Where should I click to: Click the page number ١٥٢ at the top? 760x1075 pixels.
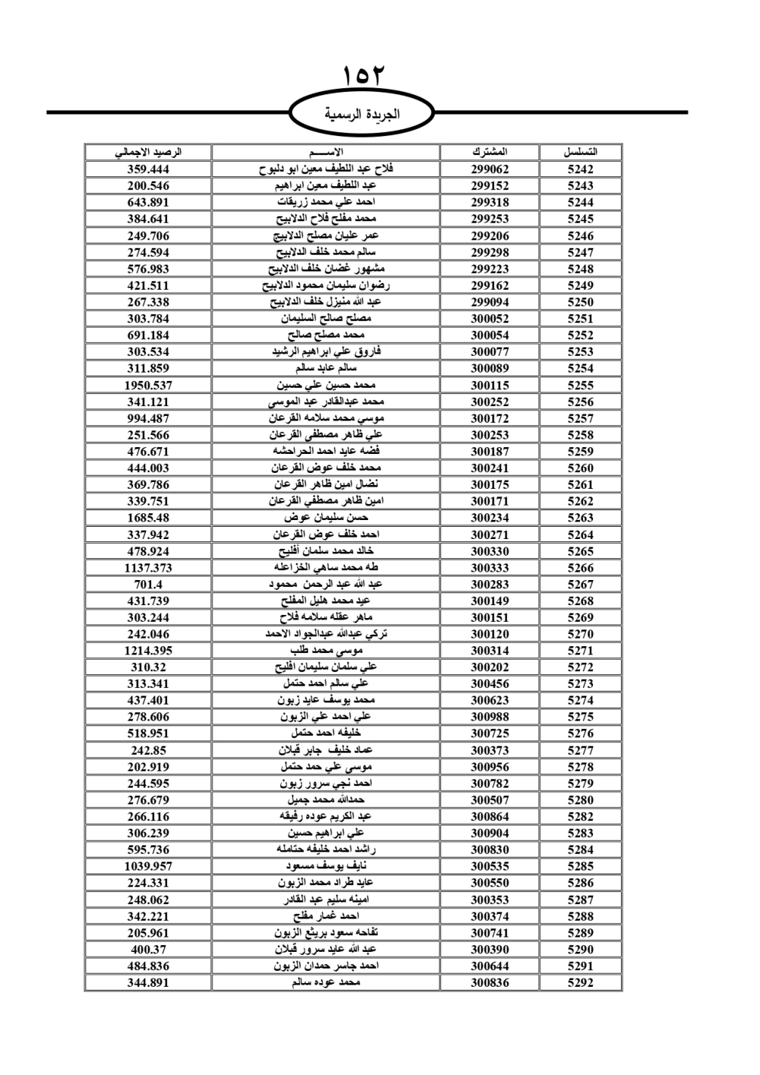coord(365,77)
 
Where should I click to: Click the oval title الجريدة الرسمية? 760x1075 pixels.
coord(363,114)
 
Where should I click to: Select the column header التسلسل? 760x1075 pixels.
coord(581,152)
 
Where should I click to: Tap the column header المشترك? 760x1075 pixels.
coord(489,152)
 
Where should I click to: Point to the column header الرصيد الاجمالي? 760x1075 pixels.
coord(148,152)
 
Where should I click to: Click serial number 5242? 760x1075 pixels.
coord(581,170)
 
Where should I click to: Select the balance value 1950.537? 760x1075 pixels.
coord(148,385)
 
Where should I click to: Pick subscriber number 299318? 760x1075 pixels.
coord(489,202)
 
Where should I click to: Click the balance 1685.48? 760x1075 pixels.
coord(148,518)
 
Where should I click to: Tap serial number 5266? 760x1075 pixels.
coord(581,568)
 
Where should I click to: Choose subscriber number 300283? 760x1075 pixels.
coord(489,585)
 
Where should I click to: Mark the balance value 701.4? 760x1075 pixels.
coord(148,585)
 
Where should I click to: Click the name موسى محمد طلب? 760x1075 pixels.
coord(326,651)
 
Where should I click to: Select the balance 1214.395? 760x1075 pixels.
coord(148,651)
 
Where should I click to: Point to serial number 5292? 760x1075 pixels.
coord(581,982)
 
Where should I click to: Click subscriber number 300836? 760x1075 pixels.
coord(489,982)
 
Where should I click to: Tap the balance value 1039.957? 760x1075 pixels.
coord(148,866)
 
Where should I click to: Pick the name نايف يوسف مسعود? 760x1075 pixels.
coord(326,866)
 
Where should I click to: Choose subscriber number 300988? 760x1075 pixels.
coord(489,717)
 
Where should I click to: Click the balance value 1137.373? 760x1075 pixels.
coord(148,568)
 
